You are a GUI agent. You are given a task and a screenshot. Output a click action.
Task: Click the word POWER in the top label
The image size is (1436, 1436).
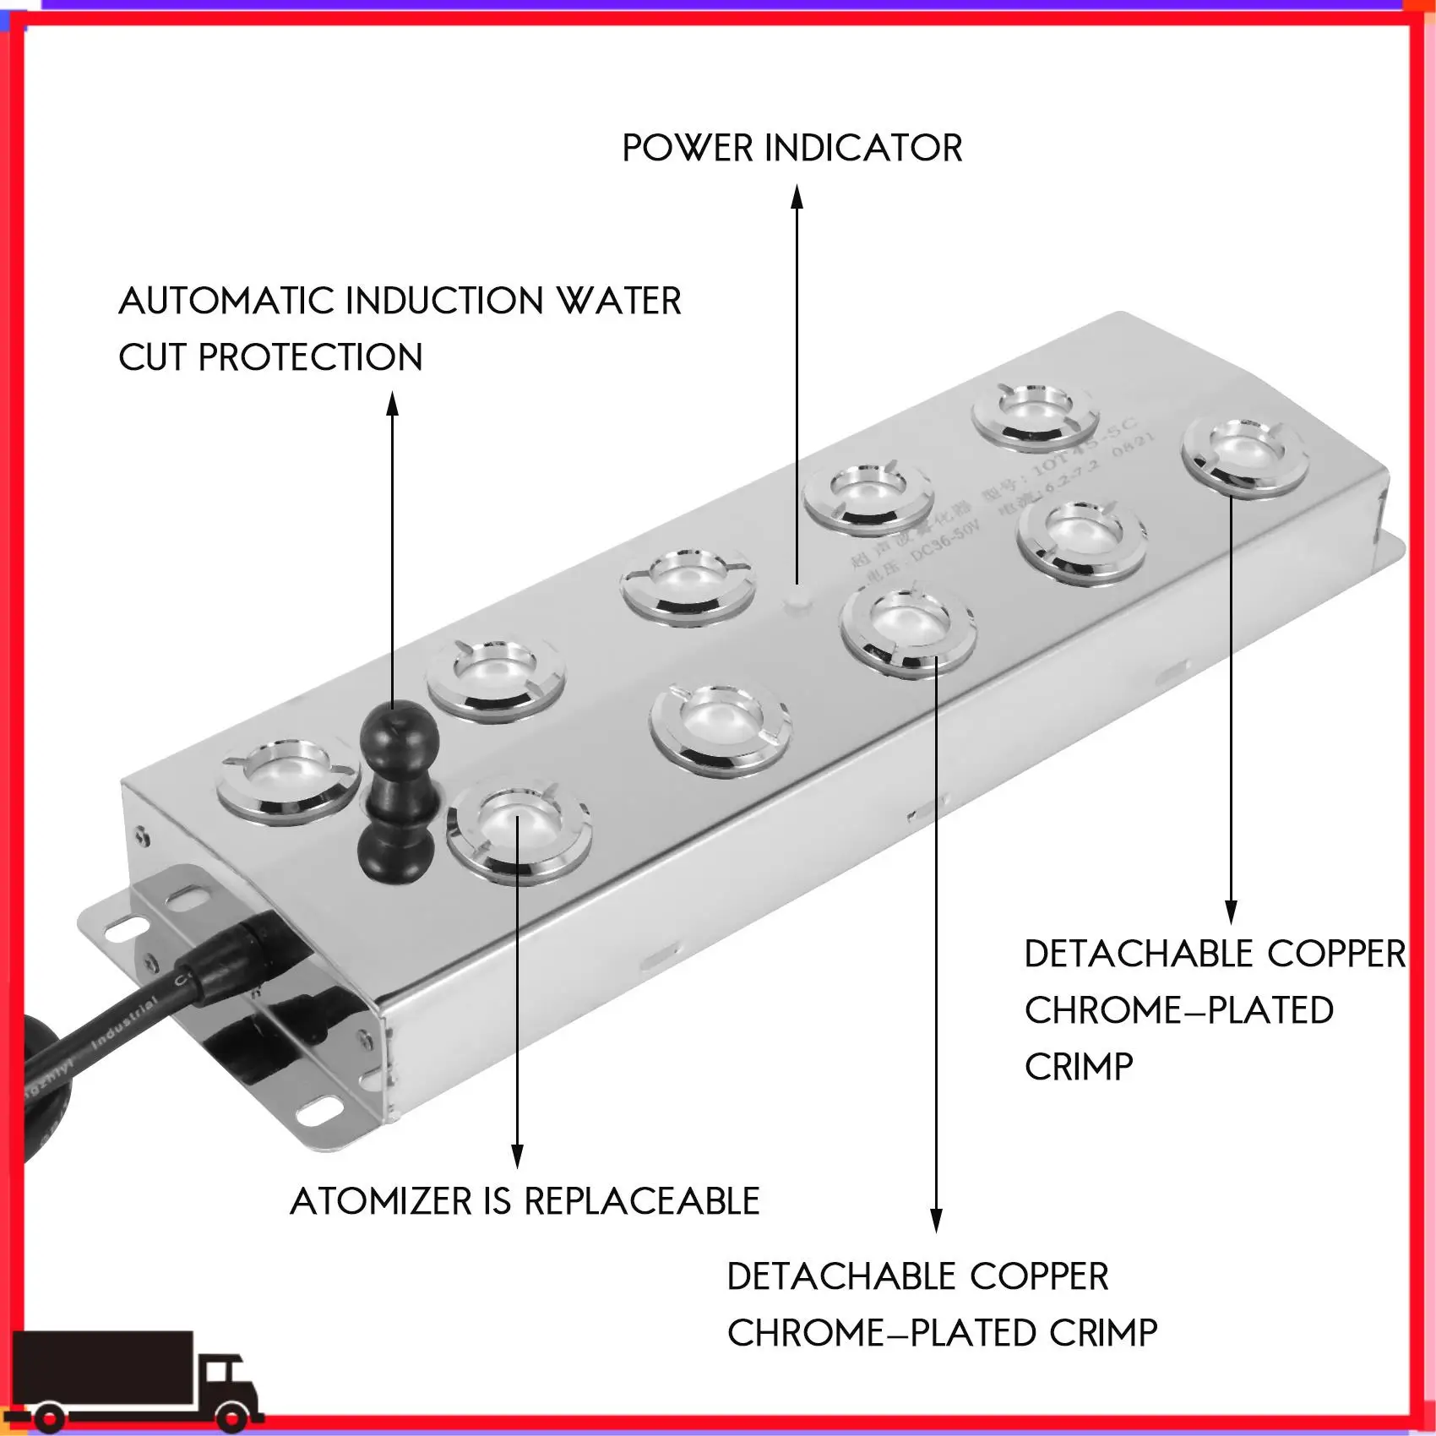click(x=687, y=149)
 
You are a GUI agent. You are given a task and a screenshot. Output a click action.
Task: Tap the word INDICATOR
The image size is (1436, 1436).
click(x=862, y=149)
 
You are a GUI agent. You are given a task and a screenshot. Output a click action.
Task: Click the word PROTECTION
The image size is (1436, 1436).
click(x=310, y=358)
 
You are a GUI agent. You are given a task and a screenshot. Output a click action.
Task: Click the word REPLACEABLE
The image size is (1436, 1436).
click(x=641, y=1201)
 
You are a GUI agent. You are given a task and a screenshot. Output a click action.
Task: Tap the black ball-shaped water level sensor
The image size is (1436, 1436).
click(x=398, y=735)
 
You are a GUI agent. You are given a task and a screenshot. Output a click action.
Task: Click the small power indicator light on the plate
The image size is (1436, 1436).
click(x=797, y=601)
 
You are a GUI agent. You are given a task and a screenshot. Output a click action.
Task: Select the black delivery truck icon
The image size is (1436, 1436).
click(x=135, y=1382)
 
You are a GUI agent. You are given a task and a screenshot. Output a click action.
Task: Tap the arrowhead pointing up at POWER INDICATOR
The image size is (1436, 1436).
click(x=797, y=197)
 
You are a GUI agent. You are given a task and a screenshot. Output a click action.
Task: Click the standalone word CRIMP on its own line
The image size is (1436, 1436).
click(x=1078, y=1067)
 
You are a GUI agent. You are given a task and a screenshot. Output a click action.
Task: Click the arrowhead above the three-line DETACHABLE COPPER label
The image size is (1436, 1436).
click(x=1231, y=912)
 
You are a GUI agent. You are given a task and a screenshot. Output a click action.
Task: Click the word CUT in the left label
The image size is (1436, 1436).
click(x=152, y=358)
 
